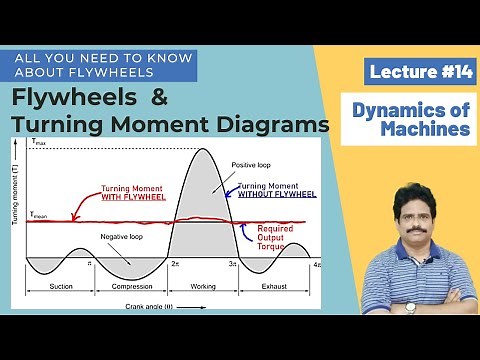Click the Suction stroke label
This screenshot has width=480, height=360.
[59, 286]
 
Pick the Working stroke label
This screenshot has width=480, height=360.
[204, 286]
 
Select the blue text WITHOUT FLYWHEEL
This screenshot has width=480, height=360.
[275, 194]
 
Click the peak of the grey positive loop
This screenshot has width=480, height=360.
[204, 150]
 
